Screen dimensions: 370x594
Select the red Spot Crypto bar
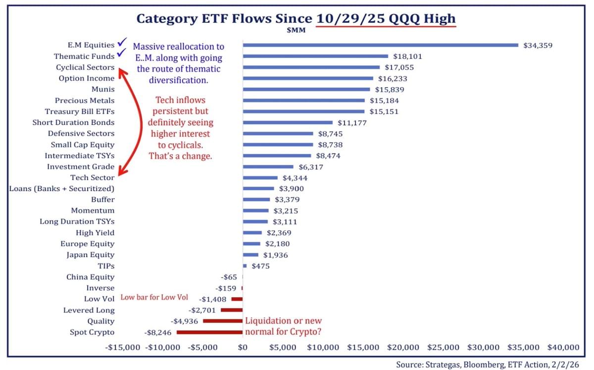(x=209, y=332)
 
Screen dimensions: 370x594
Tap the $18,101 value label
(x=407, y=56)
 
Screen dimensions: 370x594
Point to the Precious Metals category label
(x=85, y=101)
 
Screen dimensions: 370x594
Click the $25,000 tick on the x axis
(x=444, y=347)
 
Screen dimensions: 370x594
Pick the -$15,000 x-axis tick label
(x=123, y=347)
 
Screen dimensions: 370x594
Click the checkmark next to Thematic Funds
(x=120, y=53)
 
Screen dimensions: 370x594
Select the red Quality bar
(x=223, y=321)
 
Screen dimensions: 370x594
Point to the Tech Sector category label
(x=92, y=177)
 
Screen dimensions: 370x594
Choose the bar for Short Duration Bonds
(x=288, y=122)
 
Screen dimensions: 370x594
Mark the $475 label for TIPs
(x=261, y=266)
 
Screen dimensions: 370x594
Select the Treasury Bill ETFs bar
(x=303, y=111)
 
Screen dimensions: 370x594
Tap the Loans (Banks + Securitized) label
(x=62, y=189)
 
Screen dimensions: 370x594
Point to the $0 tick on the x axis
(x=243, y=347)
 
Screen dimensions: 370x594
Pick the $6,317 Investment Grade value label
(x=310, y=167)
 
